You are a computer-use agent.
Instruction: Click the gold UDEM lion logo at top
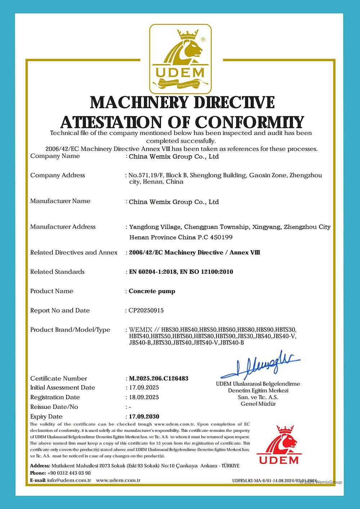180,59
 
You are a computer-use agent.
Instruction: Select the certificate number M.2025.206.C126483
158,378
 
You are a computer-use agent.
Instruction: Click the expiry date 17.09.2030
144,416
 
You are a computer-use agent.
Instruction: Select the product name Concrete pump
152,291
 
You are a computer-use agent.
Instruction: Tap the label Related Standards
57,272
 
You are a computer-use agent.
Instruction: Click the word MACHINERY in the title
139,103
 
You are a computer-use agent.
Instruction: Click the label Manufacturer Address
63,227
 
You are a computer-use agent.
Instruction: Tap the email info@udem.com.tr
69,480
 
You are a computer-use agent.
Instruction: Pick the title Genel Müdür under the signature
258,404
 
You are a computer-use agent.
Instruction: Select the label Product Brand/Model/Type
70,330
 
